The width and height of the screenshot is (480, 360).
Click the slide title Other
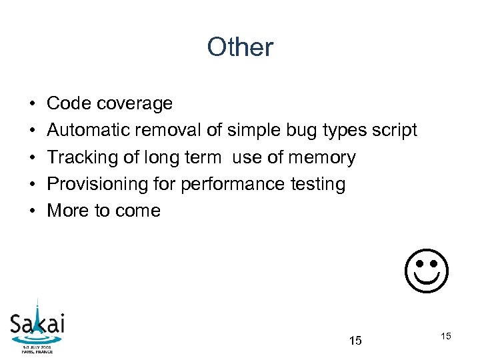pyautogui.click(x=240, y=47)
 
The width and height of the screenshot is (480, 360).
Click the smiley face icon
pyautogui.click(x=427, y=271)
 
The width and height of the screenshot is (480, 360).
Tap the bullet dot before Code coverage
pyautogui.click(x=32, y=104)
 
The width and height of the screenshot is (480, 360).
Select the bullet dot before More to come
pyautogui.click(x=32, y=211)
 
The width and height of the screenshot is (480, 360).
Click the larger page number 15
pyautogui.click(x=355, y=341)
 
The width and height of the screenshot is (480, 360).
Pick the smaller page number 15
pyautogui.click(x=446, y=336)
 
